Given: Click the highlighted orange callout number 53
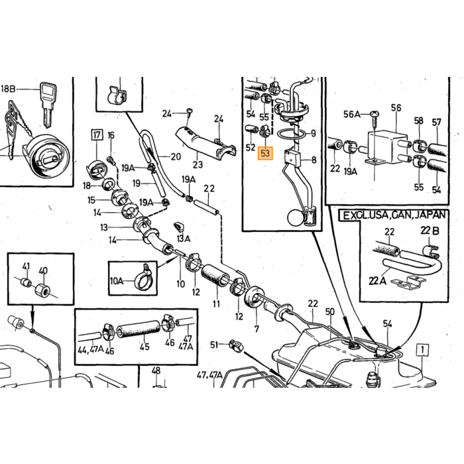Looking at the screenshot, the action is pos(265,153).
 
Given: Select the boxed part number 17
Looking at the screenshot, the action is pos(97,135).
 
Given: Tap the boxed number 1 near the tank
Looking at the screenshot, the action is pos(422,350).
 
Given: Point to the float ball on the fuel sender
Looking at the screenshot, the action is pos(296,218).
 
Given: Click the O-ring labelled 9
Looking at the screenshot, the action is pos(292,134).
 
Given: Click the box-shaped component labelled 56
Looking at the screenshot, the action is pos(387,147).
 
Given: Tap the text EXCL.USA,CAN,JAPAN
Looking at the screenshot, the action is pos(394,215).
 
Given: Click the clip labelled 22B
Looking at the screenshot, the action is pos(431,251).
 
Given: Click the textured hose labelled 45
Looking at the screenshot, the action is pos(138,331).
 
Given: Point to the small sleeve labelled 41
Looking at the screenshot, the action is pos(26,282).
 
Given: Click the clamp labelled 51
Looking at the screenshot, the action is pos(236,345).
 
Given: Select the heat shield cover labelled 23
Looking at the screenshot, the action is pos(204,141).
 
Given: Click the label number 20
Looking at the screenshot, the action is pos(176,156).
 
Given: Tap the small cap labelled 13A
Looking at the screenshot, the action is pos(179,227).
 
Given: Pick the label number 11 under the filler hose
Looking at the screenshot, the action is pos(216,304).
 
